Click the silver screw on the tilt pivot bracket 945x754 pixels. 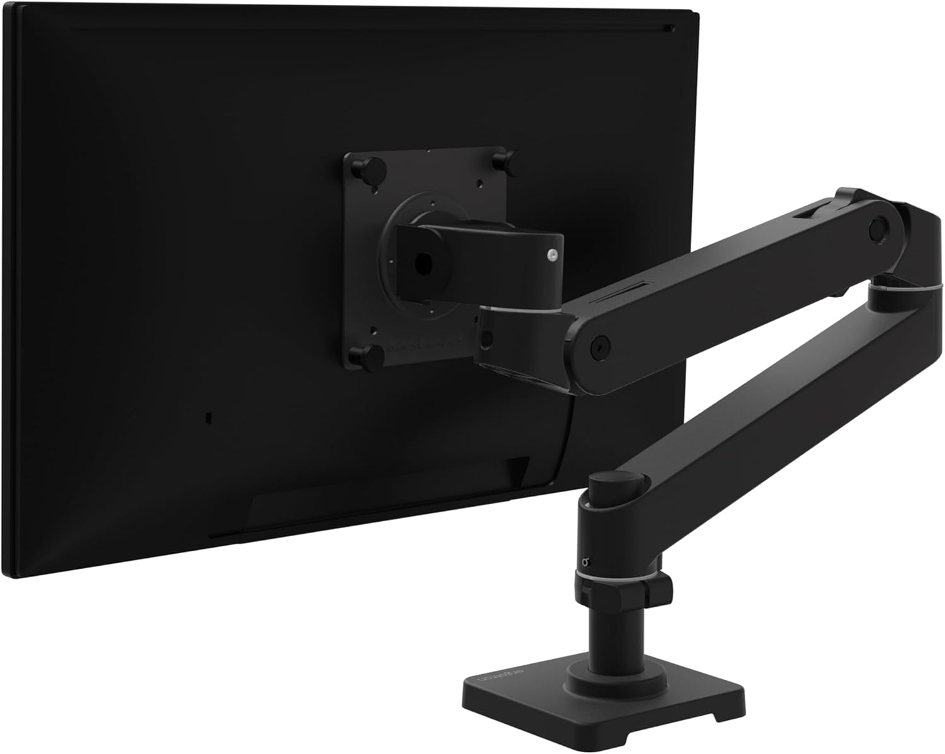(x=552, y=254)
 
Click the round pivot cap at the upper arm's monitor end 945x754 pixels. (x=596, y=343)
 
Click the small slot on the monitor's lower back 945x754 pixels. (x=209, y=418)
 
